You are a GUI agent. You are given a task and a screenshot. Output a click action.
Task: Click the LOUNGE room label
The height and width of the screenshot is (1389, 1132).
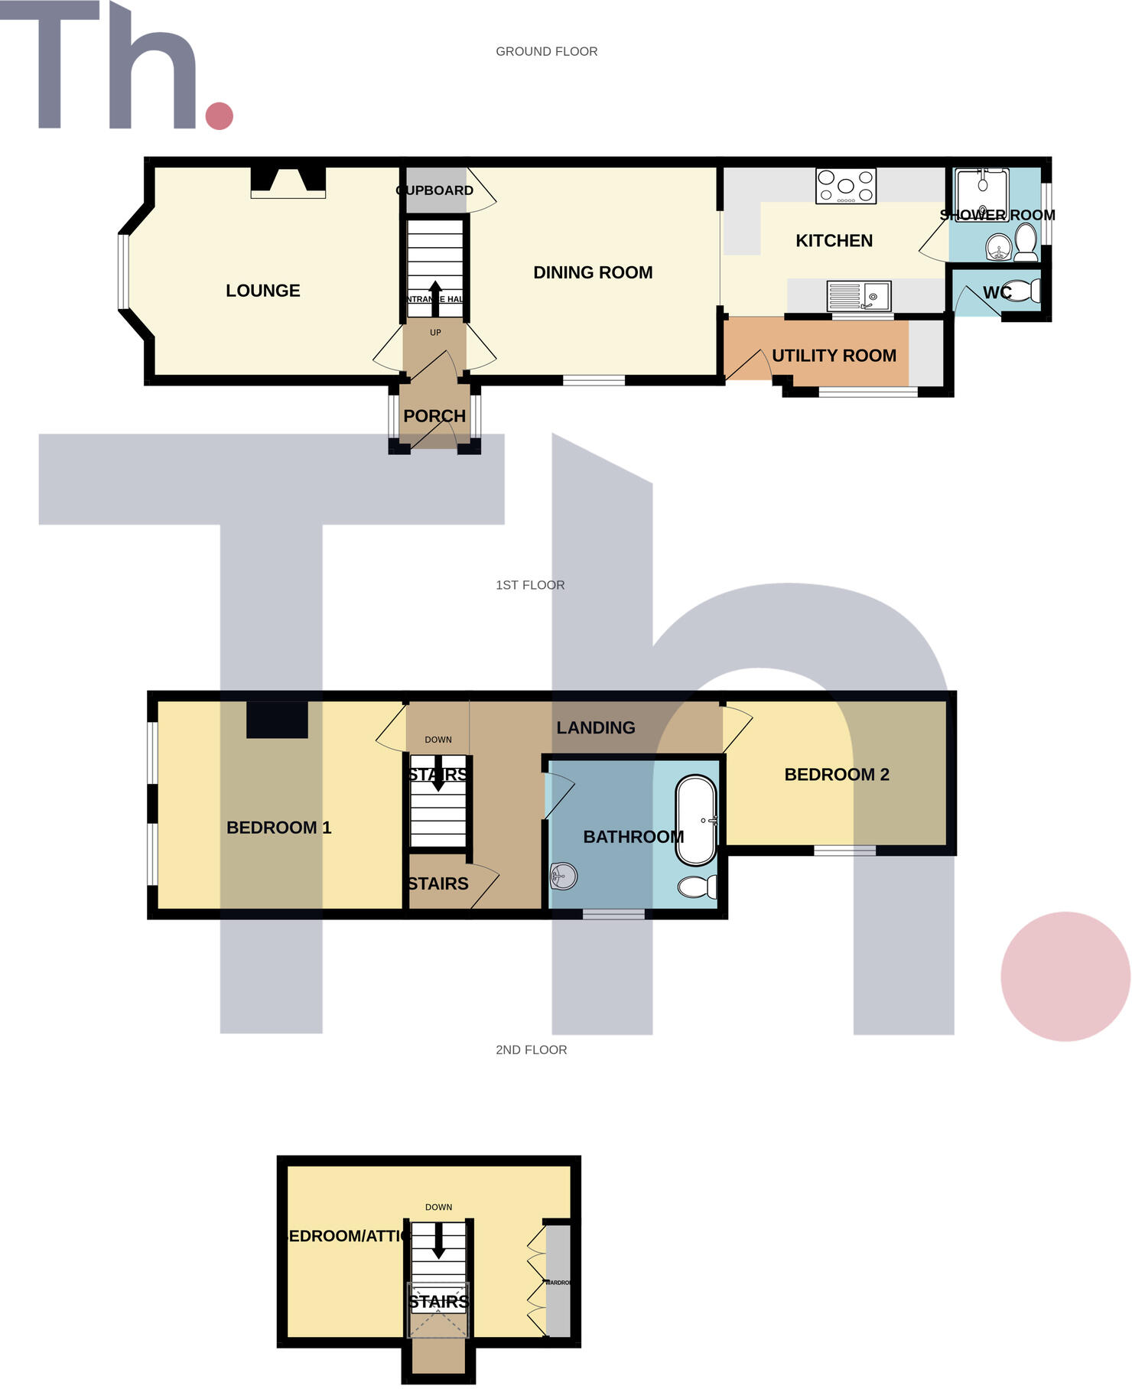262,291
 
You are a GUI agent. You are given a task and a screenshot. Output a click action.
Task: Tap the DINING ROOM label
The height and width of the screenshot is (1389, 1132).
593,272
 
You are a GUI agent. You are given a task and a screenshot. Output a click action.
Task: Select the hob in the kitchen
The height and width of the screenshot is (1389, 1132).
846,186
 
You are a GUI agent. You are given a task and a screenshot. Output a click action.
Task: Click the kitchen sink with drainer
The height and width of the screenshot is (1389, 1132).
859,295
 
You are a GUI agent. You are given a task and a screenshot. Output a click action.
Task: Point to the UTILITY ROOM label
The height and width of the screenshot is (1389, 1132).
834,356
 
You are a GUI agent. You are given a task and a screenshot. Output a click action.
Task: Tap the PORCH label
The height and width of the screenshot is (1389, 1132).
434,416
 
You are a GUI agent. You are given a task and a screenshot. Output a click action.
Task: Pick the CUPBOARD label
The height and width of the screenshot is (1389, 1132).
434,190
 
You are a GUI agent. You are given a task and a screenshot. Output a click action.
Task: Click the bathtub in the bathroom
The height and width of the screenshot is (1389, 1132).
696,821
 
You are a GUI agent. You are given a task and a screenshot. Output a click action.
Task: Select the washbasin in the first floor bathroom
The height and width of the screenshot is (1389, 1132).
563,876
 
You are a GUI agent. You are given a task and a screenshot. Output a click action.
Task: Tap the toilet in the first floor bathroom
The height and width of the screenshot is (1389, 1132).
697,886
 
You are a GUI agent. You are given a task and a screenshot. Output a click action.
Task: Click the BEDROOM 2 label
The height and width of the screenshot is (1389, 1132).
837,775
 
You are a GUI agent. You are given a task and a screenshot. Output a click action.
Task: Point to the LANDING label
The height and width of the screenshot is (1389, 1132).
596,728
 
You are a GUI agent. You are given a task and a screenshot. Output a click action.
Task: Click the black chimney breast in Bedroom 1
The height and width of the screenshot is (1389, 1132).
277,720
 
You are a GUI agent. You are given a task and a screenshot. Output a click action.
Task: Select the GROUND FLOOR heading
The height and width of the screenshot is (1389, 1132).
547,51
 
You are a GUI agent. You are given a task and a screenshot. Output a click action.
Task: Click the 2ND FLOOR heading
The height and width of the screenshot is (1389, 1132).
532,1050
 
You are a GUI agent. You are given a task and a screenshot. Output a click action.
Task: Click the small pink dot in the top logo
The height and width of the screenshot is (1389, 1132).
220,115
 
